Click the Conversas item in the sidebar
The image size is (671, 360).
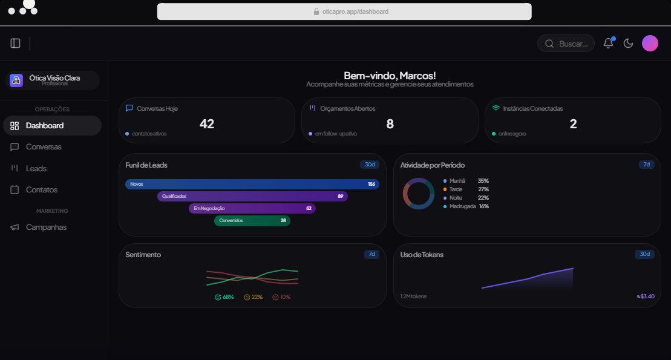pos(43,147)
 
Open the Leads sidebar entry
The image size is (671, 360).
pos(36,168)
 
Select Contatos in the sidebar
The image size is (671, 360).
pos(41,189)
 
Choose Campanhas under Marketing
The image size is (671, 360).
pos(45,227)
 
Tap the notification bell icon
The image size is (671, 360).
pos(609,43)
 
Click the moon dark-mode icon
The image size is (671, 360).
pos(628,43)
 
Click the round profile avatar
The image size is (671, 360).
pos(650,43)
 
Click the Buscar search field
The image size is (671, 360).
pos(566,44)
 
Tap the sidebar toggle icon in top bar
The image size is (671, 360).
pos(16,43)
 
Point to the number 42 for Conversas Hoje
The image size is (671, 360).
pos(207,124)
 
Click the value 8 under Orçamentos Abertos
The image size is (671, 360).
pos(390,124)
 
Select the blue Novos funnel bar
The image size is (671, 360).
pos(252,184)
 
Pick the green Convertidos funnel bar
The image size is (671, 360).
pos(252,220)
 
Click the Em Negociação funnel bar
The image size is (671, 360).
pos(252,208)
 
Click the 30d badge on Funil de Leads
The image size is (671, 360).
pos(370,165)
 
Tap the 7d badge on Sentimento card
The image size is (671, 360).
pos(372,254)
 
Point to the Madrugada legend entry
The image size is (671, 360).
pos(463,206)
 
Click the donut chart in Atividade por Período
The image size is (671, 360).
pos(419,194)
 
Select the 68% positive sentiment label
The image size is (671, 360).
pos(224,297)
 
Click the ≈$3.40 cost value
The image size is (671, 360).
pos(646,296)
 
